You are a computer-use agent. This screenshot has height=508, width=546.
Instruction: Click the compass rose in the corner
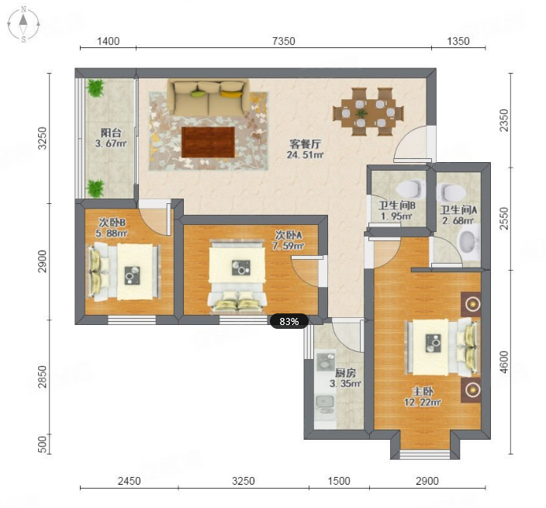click(x=23, y=24)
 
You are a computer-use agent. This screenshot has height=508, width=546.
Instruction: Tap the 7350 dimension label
click(x=283, y=41)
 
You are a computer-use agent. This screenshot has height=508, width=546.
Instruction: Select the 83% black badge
click(x=289, y=321)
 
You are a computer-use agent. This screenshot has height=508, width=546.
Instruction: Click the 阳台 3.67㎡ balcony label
click(x=111, y=138)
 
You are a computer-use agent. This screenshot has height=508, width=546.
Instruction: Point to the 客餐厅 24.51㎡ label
click(x=306, y=150)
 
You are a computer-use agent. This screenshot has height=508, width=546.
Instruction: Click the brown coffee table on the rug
click(x=208, y=142)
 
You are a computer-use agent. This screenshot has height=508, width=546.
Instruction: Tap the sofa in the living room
click(x=209, y=97)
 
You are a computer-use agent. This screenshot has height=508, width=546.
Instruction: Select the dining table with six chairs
click(x=368, y=112)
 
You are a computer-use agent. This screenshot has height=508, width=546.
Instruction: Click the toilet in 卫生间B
click(x=411, y=188)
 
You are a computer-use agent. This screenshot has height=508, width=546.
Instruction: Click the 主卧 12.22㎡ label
click(x=423, y=397)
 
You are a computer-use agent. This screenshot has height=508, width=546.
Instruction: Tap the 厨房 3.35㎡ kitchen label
click(x=345, y=378)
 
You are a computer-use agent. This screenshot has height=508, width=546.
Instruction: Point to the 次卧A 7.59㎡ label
click(x=289, y=240)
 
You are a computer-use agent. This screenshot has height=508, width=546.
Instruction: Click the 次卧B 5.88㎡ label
click(x=112, y=228)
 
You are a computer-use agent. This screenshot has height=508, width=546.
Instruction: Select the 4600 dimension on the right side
click(x=504, y=362)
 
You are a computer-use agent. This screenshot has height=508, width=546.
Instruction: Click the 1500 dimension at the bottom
click(x=339, y=481)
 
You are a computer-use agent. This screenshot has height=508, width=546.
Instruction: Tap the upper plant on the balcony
click(x=95, y=88)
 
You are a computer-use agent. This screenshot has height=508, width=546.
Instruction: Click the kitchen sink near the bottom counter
click(x=324, y=405)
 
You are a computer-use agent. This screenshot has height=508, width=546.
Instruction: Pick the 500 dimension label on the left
click(x=41, y=444)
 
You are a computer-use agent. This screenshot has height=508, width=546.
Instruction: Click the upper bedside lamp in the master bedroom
click(x=472, y=304)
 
